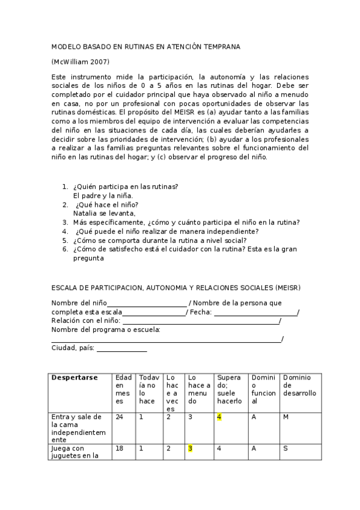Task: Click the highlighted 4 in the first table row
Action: point(219,417)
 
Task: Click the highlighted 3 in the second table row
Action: point(190,448)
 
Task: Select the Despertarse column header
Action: point(75,378)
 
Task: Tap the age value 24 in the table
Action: point(120,417)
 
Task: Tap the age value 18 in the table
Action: point(120,448)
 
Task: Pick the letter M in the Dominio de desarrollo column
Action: point(286,417)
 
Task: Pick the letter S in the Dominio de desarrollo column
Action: point(285,448)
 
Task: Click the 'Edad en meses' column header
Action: point(123,389)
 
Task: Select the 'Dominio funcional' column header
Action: point(263,389)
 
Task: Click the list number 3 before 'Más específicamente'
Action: point(65,222)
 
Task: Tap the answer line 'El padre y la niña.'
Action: point(103,195)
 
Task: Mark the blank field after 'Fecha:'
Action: point(255,313)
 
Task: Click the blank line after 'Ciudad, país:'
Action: point(121,349)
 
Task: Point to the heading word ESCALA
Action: point(66,287)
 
